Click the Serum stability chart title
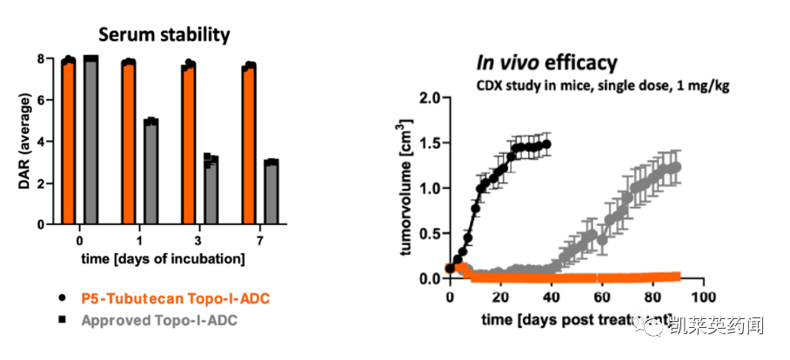(164, 35)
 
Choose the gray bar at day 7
(271, 192)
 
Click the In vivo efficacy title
(546, 63)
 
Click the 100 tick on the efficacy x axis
(703, 297)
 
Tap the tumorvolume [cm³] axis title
(405, 189)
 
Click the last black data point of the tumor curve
(546, 144)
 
